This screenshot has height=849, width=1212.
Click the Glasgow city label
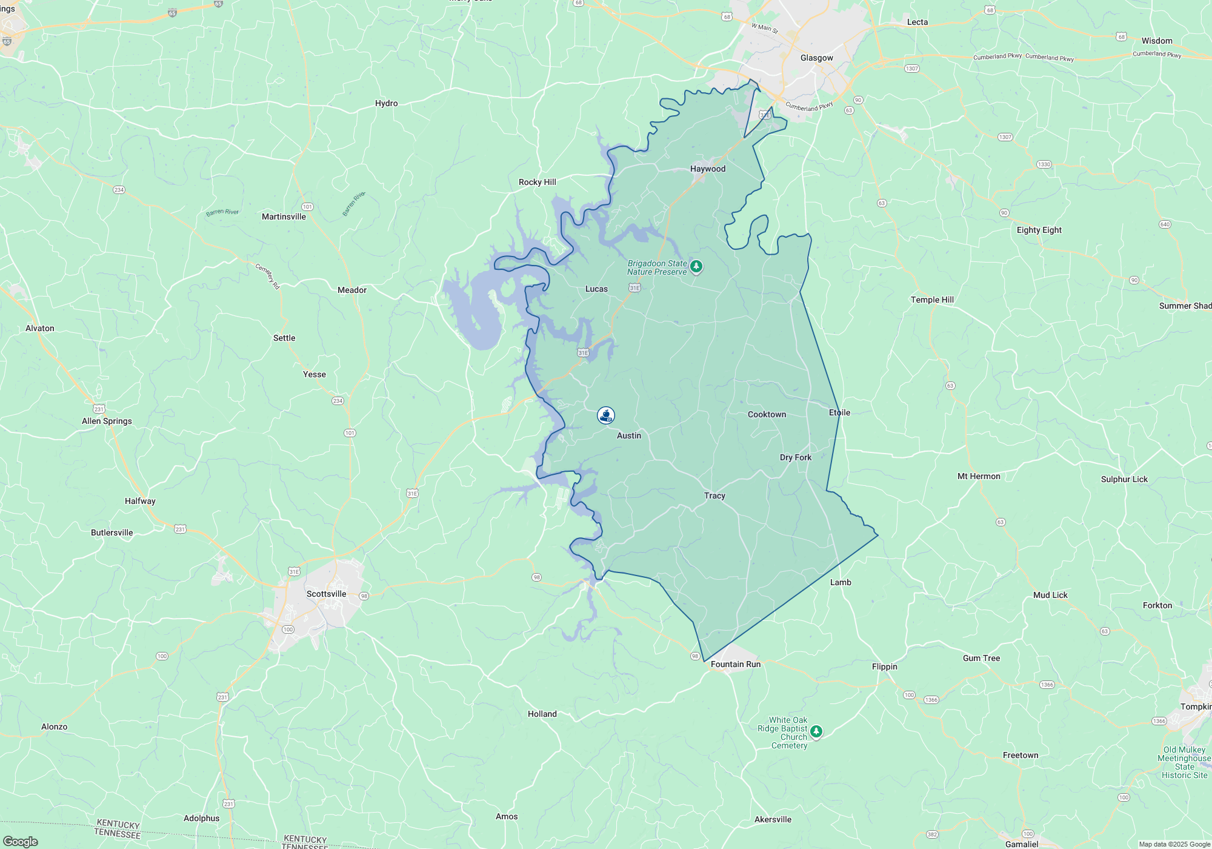(816, 58)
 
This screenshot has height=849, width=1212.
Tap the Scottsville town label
(326, 594)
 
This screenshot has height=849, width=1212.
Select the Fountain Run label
(735, 664)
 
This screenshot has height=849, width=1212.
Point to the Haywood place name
(707, 169)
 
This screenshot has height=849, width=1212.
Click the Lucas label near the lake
(596, 289)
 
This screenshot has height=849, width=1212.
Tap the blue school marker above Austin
(606, 415)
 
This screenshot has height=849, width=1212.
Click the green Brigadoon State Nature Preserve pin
(696, 266)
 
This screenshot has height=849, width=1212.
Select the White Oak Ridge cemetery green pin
(816, 731)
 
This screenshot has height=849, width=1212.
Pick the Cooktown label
(767, 414)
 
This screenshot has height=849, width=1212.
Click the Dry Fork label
(795, 457)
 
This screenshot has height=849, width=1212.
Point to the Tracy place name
(714, 495)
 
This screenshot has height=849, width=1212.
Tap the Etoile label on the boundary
(839, 412)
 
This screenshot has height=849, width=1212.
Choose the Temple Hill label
(932, 300)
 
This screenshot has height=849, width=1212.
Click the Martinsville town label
(284, 216)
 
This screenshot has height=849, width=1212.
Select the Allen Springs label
(107, 421)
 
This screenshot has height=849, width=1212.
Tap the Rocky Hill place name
(537, 182)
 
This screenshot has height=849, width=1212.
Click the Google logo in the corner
(21, 841)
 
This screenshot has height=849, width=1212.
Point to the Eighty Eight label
(1039, 230)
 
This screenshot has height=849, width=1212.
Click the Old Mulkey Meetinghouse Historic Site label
(1184, 762)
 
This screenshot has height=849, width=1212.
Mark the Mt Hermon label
(978, 476)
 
